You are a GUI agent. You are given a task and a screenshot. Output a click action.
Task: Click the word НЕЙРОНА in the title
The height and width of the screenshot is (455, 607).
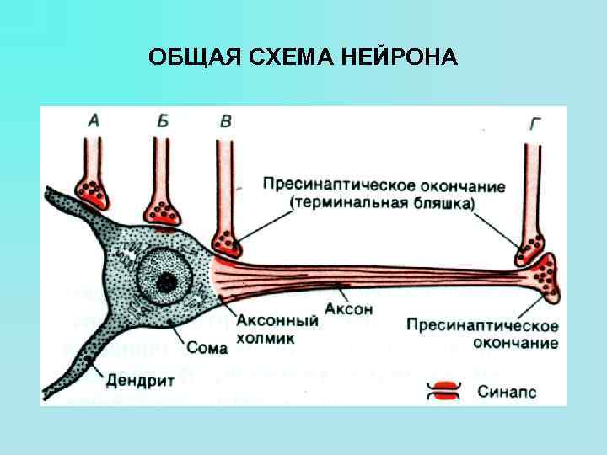tap(400, 57)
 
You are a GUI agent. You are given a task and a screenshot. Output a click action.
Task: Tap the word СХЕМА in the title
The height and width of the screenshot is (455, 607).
tap(293, 57)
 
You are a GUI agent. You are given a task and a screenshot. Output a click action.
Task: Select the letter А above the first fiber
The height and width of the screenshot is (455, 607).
tap(94, 121)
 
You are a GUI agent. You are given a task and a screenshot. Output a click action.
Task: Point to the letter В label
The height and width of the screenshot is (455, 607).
tap(225, 121)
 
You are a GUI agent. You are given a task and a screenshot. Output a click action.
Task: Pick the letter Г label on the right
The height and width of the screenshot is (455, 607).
tap(534, 125)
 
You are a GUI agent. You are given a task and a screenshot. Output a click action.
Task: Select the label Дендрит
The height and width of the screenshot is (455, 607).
tap(140, 380)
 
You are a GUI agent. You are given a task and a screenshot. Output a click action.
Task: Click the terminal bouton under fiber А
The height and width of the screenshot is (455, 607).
tap(92, 193)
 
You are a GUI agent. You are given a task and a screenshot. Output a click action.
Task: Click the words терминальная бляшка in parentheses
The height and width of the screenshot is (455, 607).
tap(384, 204)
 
